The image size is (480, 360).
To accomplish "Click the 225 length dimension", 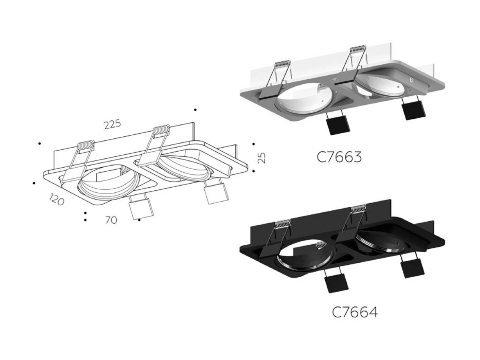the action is [x=112, y=124].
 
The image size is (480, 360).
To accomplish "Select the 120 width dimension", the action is [x=56, y=199].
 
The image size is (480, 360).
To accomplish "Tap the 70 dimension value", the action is [x=111, y=220].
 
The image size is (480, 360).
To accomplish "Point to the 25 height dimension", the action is [x=262, y=158].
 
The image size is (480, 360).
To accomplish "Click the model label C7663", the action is [x=339, y=157].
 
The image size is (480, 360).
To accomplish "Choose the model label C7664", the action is [x=355, y=312].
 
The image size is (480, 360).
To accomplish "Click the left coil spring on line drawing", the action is [x=86, y=145].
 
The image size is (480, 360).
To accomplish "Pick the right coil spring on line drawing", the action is [x=161, y=130].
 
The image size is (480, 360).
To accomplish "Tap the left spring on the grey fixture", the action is [x=283, y=64].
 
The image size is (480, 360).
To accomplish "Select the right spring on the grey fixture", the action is [x=358, y=49].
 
